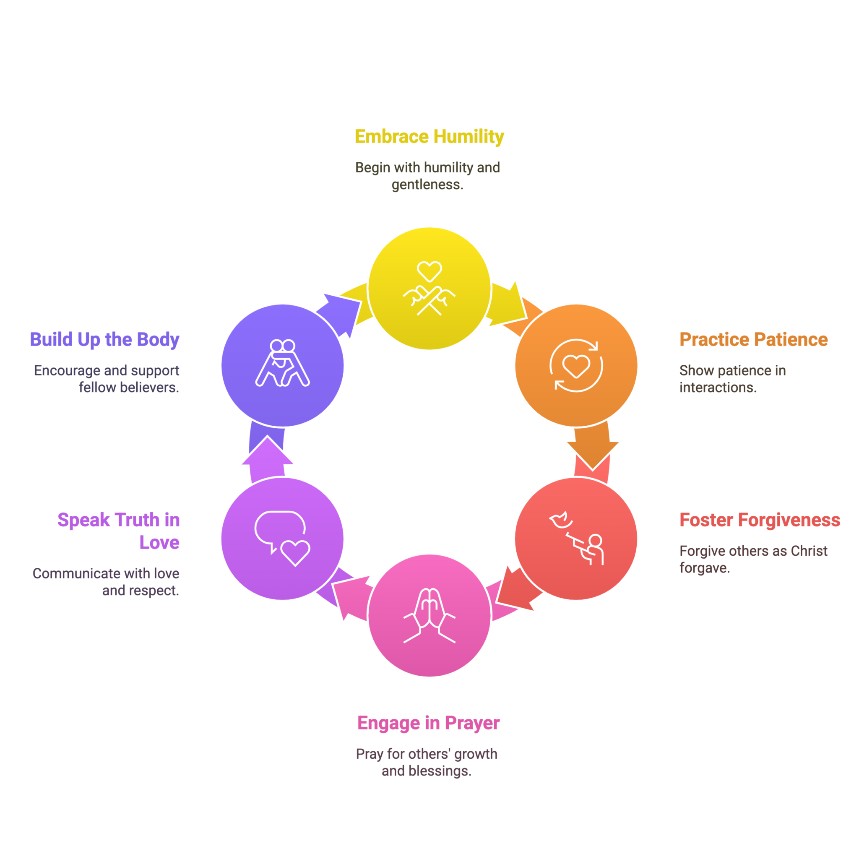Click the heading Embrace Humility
(x=429, y=137)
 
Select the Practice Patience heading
(x=753, y=339)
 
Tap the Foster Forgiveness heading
(x=760, y=520)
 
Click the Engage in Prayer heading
(x=429, y=724)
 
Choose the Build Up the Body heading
(x=104, y=340)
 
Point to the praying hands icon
(x=429, y=615)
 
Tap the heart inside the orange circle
(x=576, y=366)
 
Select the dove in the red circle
(x=560, y=520)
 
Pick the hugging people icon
(x=282, y=363)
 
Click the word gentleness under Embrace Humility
(x=427, y=185)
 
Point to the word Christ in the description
(x=809, y=551)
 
